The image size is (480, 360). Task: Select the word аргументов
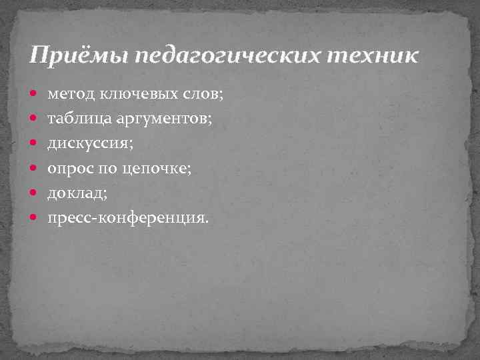point(163,120)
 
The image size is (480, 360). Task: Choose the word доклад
point(75,193)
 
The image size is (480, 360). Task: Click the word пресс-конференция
point(127,218)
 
